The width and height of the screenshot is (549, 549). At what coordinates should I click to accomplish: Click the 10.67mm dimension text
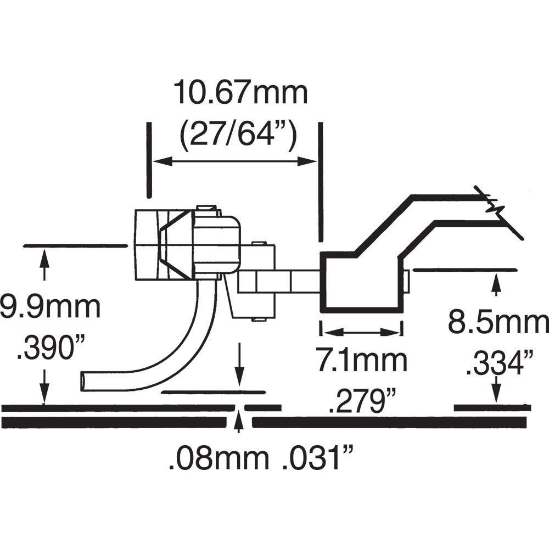point(240,93)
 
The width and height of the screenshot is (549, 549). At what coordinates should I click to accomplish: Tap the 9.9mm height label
point(49,308)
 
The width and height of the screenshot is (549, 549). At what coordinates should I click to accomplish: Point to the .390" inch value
point(45,349)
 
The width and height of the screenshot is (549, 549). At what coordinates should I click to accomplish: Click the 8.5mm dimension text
point(497,323)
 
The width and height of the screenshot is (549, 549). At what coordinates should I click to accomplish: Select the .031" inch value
point(316,458)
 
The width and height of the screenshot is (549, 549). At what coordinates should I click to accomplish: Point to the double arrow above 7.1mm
point(361,332)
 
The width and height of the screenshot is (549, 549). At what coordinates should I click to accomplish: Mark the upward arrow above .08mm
point(239,424)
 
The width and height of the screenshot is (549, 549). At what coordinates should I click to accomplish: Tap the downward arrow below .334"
point(496,391)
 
